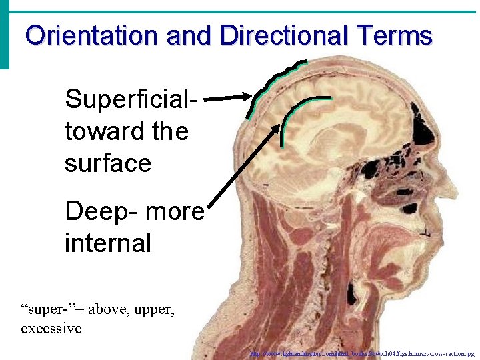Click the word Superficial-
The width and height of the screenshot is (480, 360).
[132, 99]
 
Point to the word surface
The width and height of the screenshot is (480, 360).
[108, 163]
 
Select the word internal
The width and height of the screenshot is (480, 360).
[108, 242]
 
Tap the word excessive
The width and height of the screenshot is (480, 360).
[51, 328]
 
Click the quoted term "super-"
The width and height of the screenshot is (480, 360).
[48, 309]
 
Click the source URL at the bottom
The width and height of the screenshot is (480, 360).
[363, 353]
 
